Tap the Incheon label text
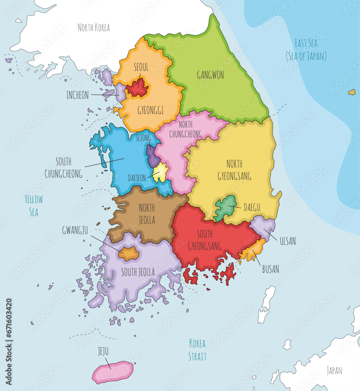tap(77, 95)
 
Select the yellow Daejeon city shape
tap(160, 172)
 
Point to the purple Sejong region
tap(153, 156)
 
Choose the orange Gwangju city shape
tap(129, 253)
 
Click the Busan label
tap(270, 269)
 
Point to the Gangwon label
tap(211, 75)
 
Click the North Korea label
tap(94, 27)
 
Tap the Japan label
tap(335, 370)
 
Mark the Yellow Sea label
tap(34, 206)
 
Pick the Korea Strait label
tap(197, 350)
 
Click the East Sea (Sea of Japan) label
tap(306, 50)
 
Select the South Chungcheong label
tap(63, 168)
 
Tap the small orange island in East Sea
tap(352, 92)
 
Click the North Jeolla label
tap(147, 213)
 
